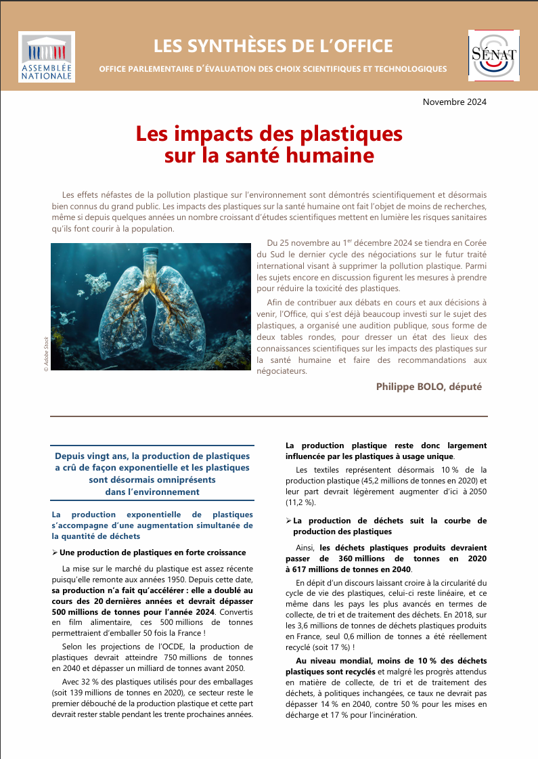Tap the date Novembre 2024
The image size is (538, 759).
[x=455, y=102]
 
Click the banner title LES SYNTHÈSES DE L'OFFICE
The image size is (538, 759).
[x=273, y=46]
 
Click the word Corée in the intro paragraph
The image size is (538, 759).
[x=473, y=242]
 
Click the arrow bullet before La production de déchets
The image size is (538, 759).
[x=289, y=521]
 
